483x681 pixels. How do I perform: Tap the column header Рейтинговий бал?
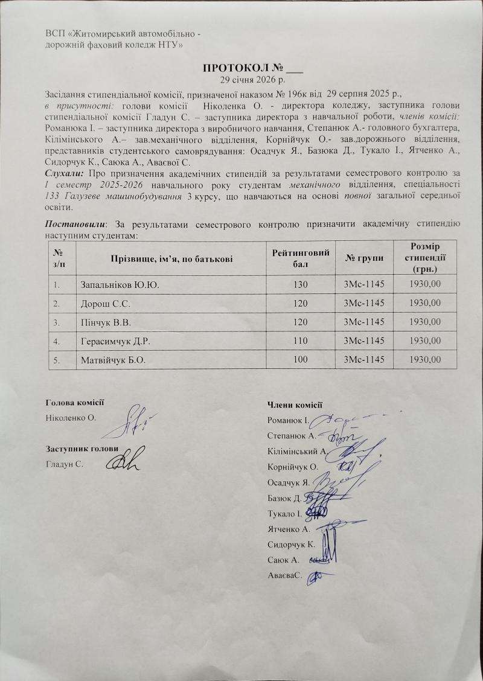(301, 258)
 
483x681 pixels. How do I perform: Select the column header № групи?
(363, 258)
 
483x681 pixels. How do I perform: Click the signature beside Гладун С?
(123, 462)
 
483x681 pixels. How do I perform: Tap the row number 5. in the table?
(56, 360)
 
